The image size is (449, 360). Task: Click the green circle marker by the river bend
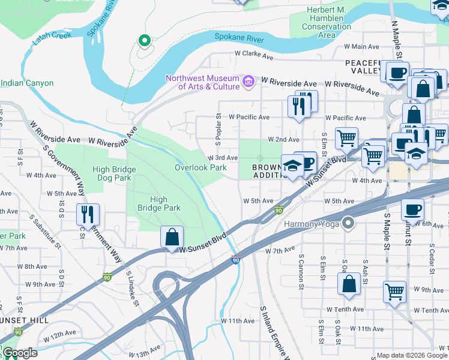(144, 41)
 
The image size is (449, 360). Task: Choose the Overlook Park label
(200, 167)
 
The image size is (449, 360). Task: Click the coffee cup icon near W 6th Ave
(412, 209)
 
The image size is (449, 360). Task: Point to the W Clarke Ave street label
(254, 58)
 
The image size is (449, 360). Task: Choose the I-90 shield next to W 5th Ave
(279, 210)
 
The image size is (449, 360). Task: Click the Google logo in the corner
(20, 353)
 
